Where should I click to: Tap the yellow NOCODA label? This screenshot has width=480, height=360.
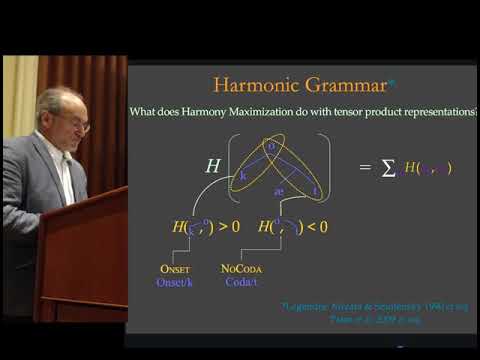[242, 269]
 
